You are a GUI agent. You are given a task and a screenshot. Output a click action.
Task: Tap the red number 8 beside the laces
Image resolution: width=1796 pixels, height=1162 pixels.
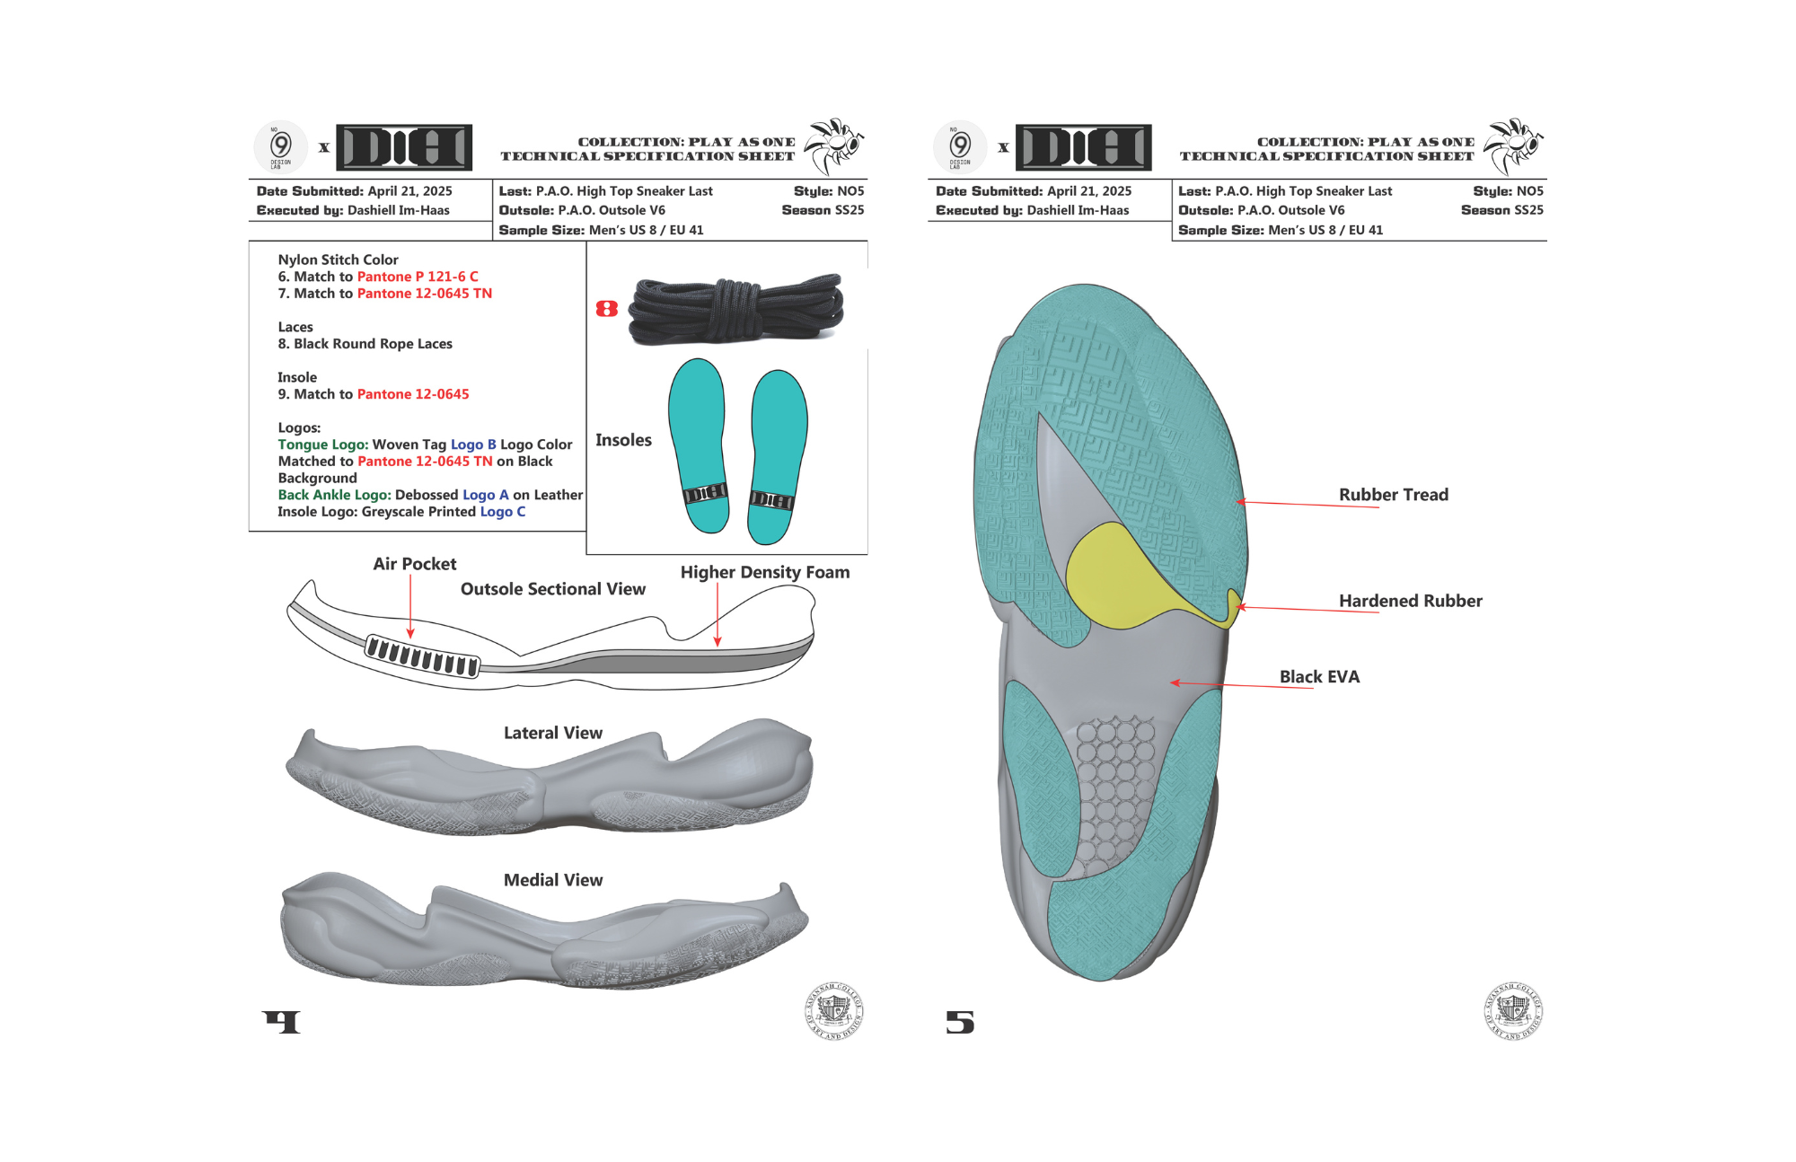coord(607,309)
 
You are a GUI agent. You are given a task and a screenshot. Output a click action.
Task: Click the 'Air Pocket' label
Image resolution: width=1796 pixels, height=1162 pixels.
coord(414,564)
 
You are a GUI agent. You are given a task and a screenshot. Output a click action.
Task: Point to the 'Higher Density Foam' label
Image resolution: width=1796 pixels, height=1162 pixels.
coord(764,572)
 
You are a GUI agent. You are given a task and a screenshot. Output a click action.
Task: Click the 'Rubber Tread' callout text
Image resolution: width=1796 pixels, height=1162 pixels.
coord(1393,495)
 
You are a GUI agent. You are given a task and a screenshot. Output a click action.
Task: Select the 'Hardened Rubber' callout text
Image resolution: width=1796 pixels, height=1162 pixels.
coord(1410,601)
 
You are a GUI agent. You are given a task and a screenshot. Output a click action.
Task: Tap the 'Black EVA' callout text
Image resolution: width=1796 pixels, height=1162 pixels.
coord(1319,677)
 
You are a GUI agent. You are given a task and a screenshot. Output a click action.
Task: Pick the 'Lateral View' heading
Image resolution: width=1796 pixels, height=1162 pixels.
coord(552,733)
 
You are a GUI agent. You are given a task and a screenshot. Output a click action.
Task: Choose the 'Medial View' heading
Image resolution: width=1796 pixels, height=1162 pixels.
coord(552,880)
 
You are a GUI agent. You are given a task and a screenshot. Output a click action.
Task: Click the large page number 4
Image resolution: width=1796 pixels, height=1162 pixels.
coord(282,1022)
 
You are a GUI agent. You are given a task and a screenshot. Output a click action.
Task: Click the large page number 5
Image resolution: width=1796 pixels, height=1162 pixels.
coord(959,1022)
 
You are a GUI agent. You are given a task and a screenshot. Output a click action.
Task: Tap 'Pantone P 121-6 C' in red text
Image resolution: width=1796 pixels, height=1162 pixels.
coord(418,277)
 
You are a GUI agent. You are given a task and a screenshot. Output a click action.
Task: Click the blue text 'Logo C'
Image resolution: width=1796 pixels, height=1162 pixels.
coord(502,512)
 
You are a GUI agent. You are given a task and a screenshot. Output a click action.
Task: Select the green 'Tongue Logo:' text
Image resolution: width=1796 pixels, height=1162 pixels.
coord(322,445)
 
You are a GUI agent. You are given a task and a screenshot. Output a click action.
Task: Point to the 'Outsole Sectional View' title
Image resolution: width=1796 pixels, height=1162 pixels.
coord(552,589)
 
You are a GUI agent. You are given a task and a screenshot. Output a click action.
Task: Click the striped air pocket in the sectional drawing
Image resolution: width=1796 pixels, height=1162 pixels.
coord(421,656)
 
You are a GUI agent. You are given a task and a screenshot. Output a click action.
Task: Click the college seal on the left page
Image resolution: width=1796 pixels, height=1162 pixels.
coord(833,1011)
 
